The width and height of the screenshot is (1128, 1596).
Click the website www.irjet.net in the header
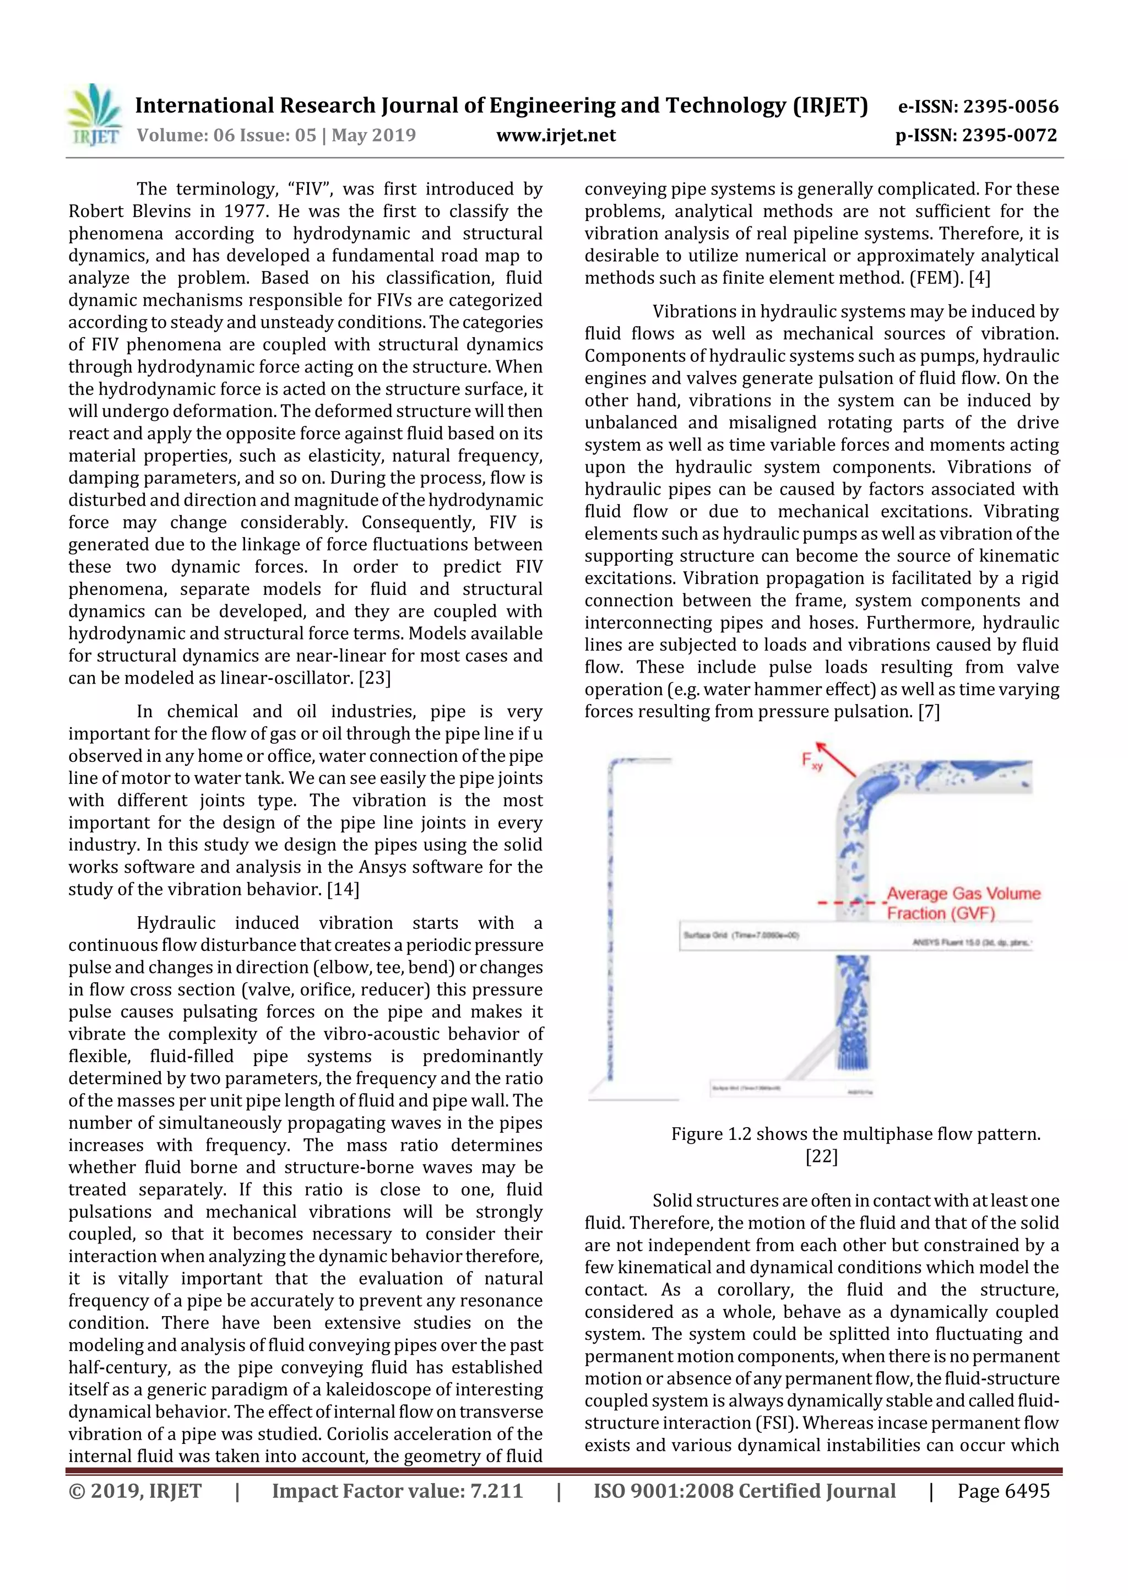pyautogui.click(x=556, y=135)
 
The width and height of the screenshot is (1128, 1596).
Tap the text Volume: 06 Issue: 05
pyautogui.click(x=226, y=135)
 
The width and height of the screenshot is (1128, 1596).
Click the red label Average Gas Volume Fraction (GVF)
pyautogui.click(x=963, y=903)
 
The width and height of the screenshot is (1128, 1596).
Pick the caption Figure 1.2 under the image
pyautogui.click(x=855, y=1134)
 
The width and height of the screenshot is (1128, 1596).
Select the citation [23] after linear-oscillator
pyautogui.click(x=375, y=678)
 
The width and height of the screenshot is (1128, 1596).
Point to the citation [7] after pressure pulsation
pyautogui.click(x=929, y=712)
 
